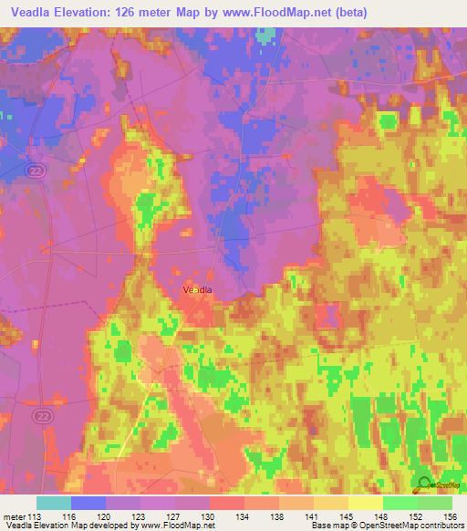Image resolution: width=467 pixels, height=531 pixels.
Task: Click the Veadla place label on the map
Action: [198, 289]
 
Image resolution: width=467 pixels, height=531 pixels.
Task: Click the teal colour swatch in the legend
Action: [53, 503]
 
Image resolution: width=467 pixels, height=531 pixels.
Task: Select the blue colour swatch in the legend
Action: [88, 503]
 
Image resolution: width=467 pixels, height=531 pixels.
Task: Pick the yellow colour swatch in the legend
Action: [365, 503]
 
